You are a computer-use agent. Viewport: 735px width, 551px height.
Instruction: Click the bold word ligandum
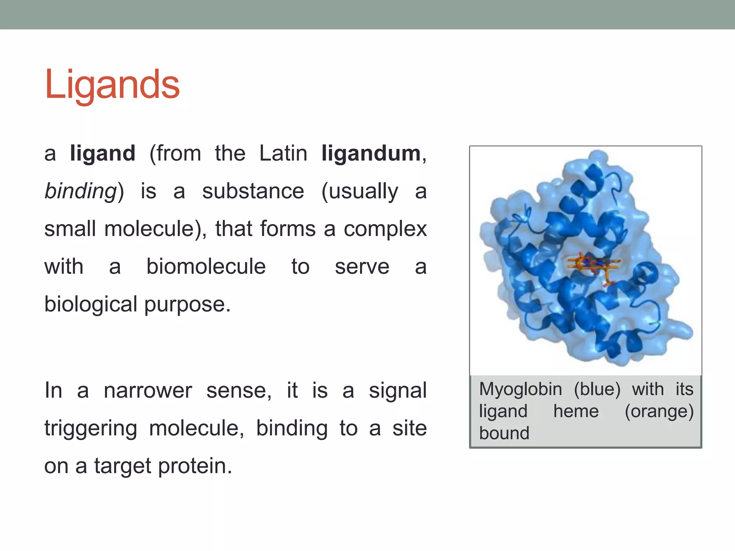[x=371, y=154]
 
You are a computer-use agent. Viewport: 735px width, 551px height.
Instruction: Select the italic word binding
[x=81, y=191]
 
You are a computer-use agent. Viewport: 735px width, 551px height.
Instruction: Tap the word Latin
[x=283, y=154]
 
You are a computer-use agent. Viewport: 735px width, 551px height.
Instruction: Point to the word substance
[x=253, y=191]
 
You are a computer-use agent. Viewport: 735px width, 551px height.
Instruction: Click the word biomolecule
[x=206, y=267]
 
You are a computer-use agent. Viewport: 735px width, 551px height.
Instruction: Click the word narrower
[x=148, y=390]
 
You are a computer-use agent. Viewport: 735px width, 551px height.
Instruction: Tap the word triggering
[x=91, y=428]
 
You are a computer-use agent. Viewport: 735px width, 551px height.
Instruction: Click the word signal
[x=398, y=390]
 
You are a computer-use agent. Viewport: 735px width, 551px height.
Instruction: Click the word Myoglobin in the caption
[x=520, y=390]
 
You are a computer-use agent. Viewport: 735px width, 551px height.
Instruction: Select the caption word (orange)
[x=659, y=411]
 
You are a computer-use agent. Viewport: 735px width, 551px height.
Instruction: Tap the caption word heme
[x=576, y=411]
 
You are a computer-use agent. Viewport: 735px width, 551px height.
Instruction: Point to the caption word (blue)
[x=597, y=390]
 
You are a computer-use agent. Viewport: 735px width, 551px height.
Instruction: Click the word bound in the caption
[x=504, y=433]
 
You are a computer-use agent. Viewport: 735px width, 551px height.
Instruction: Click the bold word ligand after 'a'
[x=103, y=154]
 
